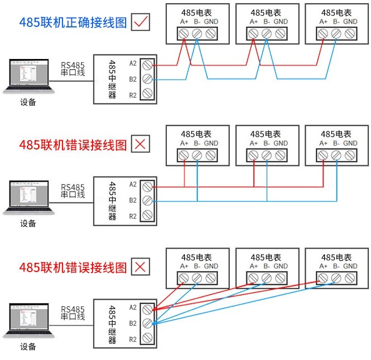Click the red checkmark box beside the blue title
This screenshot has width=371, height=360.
(141, 22)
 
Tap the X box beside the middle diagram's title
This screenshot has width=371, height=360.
(141, 144)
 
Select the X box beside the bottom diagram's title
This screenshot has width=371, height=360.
(141, 267)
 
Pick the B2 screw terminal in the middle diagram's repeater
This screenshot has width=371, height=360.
(147, 201)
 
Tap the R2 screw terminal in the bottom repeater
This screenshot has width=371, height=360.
(147, 339)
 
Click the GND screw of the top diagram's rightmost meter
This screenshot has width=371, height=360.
(350, 34)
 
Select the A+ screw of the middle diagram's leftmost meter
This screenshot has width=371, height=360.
(184, 155)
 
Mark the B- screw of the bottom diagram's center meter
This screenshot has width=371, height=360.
(267, 278)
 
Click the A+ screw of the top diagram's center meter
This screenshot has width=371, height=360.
(253, 34)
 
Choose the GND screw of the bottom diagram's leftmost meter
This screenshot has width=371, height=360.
(210, 278)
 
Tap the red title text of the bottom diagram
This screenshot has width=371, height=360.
(73, 267)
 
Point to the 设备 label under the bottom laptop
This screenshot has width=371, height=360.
(28, 347)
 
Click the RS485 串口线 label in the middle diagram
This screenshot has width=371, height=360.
(73, 191)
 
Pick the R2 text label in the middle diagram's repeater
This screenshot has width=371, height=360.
(133, 216)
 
